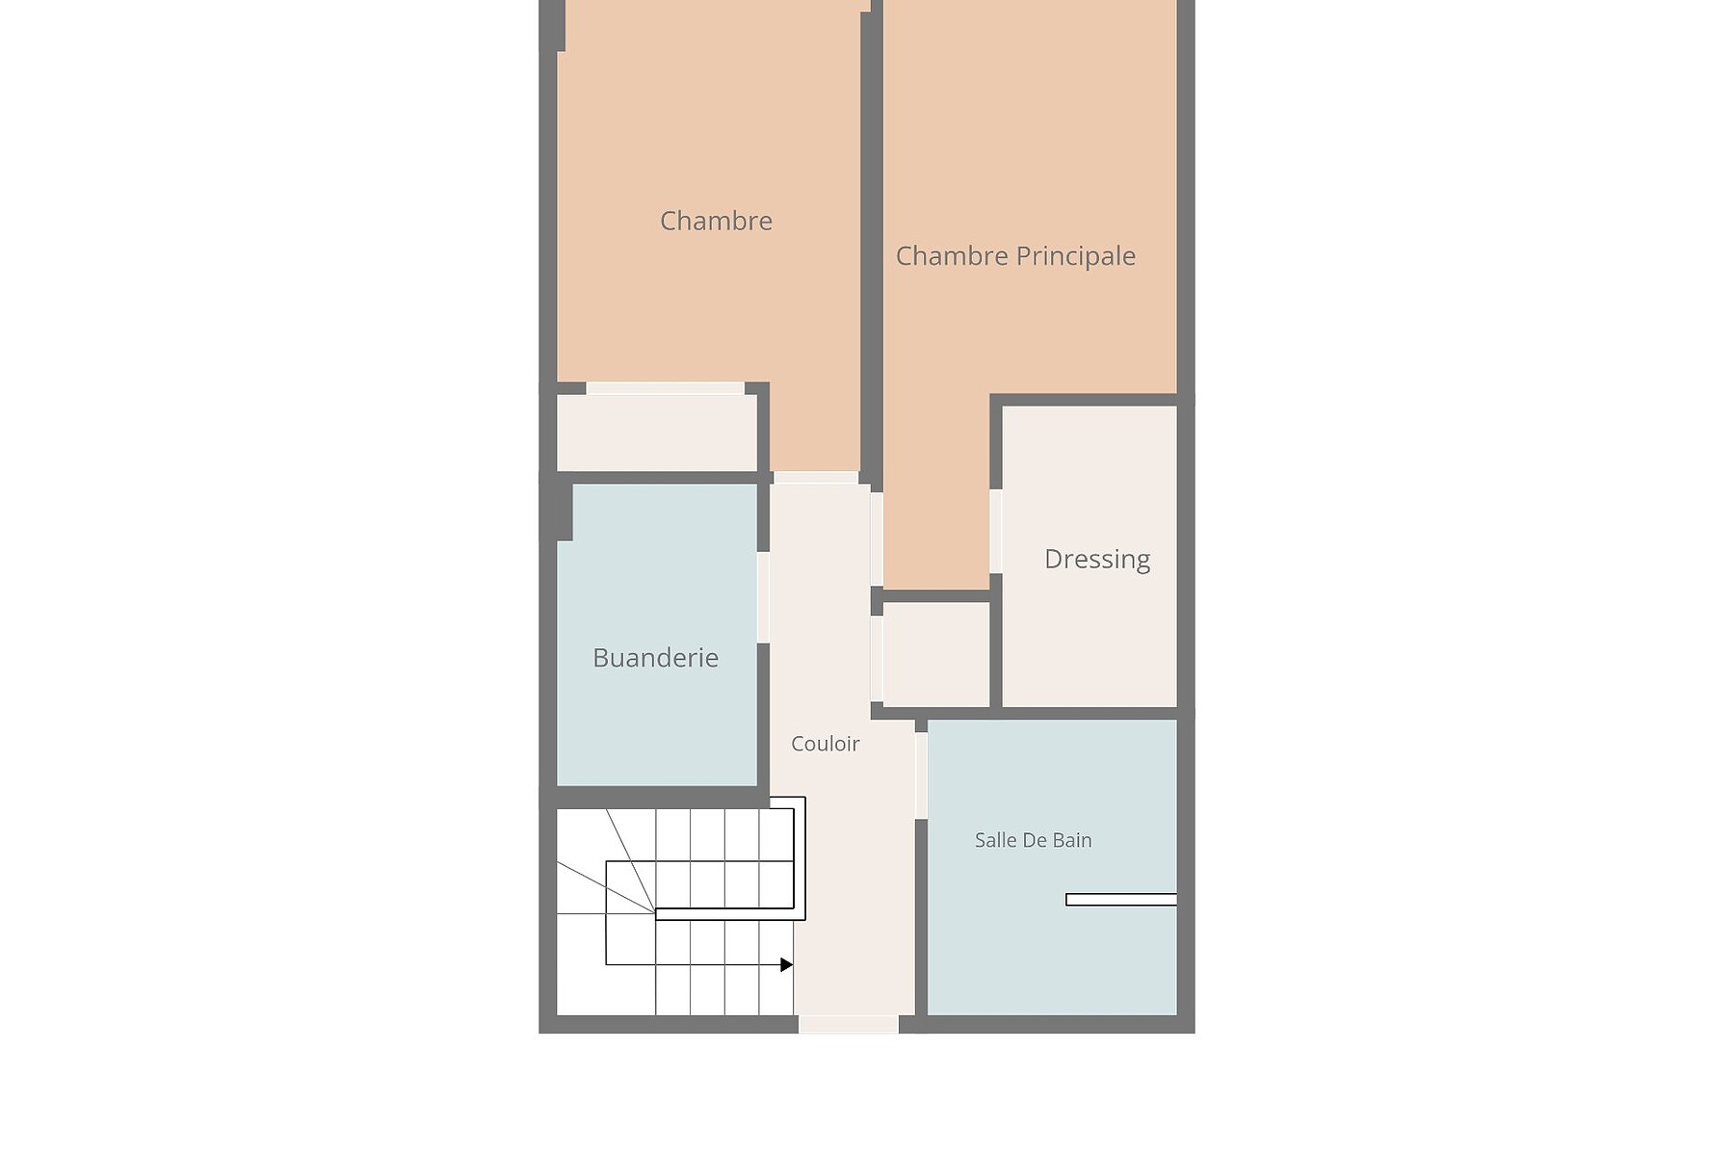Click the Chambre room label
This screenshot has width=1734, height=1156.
tap(716, 221)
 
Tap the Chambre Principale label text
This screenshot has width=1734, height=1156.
tap(1015, 256)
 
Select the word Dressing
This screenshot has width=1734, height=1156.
tap(1097, 560)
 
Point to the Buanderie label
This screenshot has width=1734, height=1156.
tap(655, 658)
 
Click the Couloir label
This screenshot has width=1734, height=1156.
tap(825, 744)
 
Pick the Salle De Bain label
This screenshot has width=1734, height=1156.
tap(1033, 840)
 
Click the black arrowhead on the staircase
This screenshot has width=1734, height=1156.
tap(787, 964)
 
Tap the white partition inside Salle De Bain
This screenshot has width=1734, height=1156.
tap(1121, 900)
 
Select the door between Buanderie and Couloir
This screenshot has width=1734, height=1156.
tap(763, 597)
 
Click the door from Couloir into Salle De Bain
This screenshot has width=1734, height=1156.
tap(921, 775)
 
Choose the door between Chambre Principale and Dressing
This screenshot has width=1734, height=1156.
tap(996, 532)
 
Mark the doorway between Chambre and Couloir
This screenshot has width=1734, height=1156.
tap(816, 478)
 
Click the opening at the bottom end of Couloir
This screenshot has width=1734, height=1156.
tap(848, 1024)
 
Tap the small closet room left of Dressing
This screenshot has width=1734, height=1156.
tap(936, 655)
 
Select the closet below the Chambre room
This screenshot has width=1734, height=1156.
tap(657, 433)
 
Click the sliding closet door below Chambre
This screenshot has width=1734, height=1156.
tap(666, 388)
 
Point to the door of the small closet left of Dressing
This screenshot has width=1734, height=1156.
tap(877, 659)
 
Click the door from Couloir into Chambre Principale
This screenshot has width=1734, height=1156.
tap(877, 539)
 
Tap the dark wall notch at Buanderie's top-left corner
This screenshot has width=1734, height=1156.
tap(565, 512)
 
